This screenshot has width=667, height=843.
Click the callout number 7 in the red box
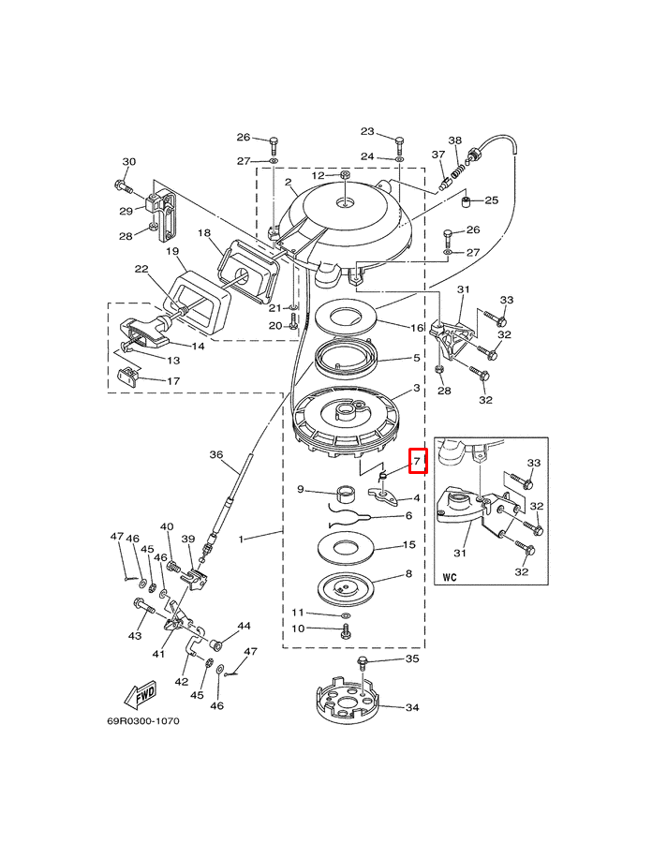418,462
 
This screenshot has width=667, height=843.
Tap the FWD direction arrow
141,696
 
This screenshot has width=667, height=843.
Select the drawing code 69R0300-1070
141,721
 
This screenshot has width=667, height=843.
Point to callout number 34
412,708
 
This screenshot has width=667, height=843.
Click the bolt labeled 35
363,664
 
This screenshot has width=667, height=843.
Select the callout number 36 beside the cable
216,455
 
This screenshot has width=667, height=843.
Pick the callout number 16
417,327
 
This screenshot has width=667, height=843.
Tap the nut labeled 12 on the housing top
345,175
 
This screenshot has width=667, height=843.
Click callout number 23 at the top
367,132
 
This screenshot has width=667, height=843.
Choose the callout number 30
129,162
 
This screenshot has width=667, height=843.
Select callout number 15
408,544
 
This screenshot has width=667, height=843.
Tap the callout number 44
244,626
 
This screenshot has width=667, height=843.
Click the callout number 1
242,539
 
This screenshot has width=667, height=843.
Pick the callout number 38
455,140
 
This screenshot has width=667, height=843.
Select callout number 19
172,251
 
